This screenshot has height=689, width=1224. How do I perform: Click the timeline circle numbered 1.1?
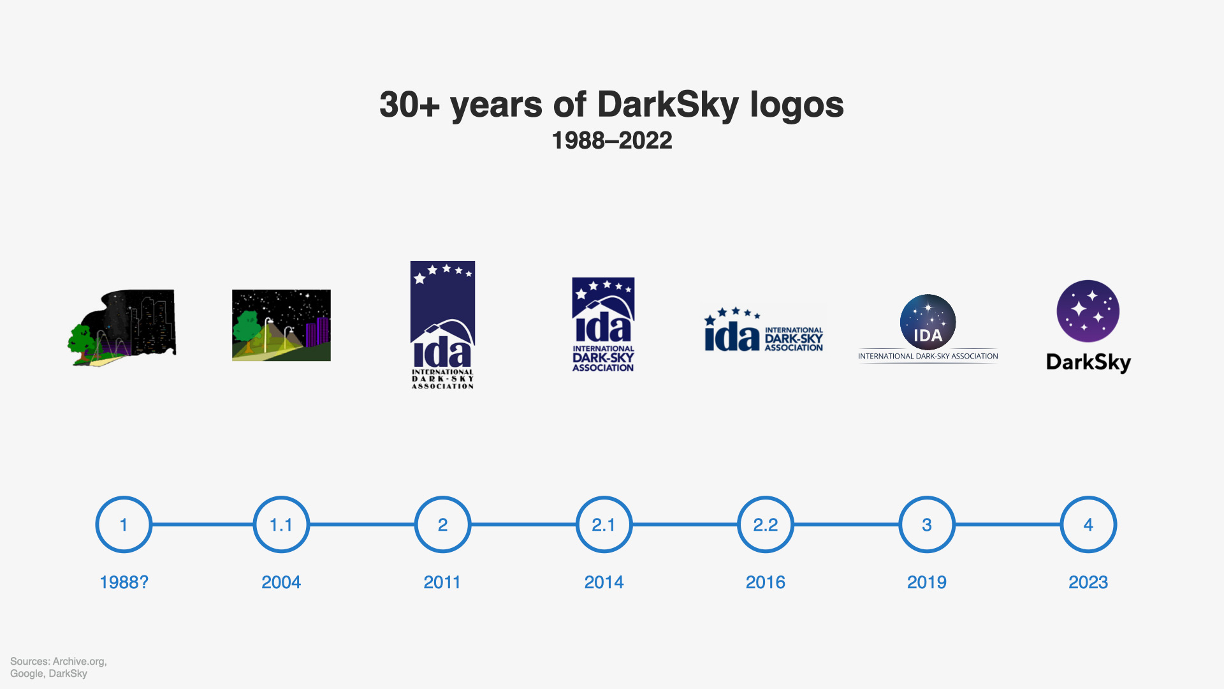[281, 496]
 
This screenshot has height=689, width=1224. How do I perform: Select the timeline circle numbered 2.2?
[766, 496]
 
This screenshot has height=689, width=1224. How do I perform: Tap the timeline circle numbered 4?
[1088, 496]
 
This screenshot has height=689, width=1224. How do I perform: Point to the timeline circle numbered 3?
[927, 496]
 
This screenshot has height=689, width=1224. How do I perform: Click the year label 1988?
[124, 582]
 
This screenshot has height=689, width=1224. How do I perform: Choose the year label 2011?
[442, 582]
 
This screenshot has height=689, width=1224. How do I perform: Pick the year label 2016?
[766, 582]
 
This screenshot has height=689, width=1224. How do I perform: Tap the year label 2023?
[1088, 582]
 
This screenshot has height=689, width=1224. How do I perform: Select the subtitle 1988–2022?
[612, 140]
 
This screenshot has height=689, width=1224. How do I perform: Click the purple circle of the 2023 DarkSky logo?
[1088, 311]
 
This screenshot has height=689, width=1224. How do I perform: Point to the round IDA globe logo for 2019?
[928, 322]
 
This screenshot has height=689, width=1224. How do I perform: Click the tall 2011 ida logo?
[442, 325]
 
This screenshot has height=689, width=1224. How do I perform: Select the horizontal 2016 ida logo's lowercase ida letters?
[732, 336]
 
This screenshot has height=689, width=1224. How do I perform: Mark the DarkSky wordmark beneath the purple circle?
[1088, 362]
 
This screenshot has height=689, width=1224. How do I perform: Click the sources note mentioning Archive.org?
[59, 667]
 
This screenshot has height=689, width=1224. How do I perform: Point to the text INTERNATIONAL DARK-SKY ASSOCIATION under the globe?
[928, 357]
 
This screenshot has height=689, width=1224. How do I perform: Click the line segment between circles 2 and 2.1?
[523, 524]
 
